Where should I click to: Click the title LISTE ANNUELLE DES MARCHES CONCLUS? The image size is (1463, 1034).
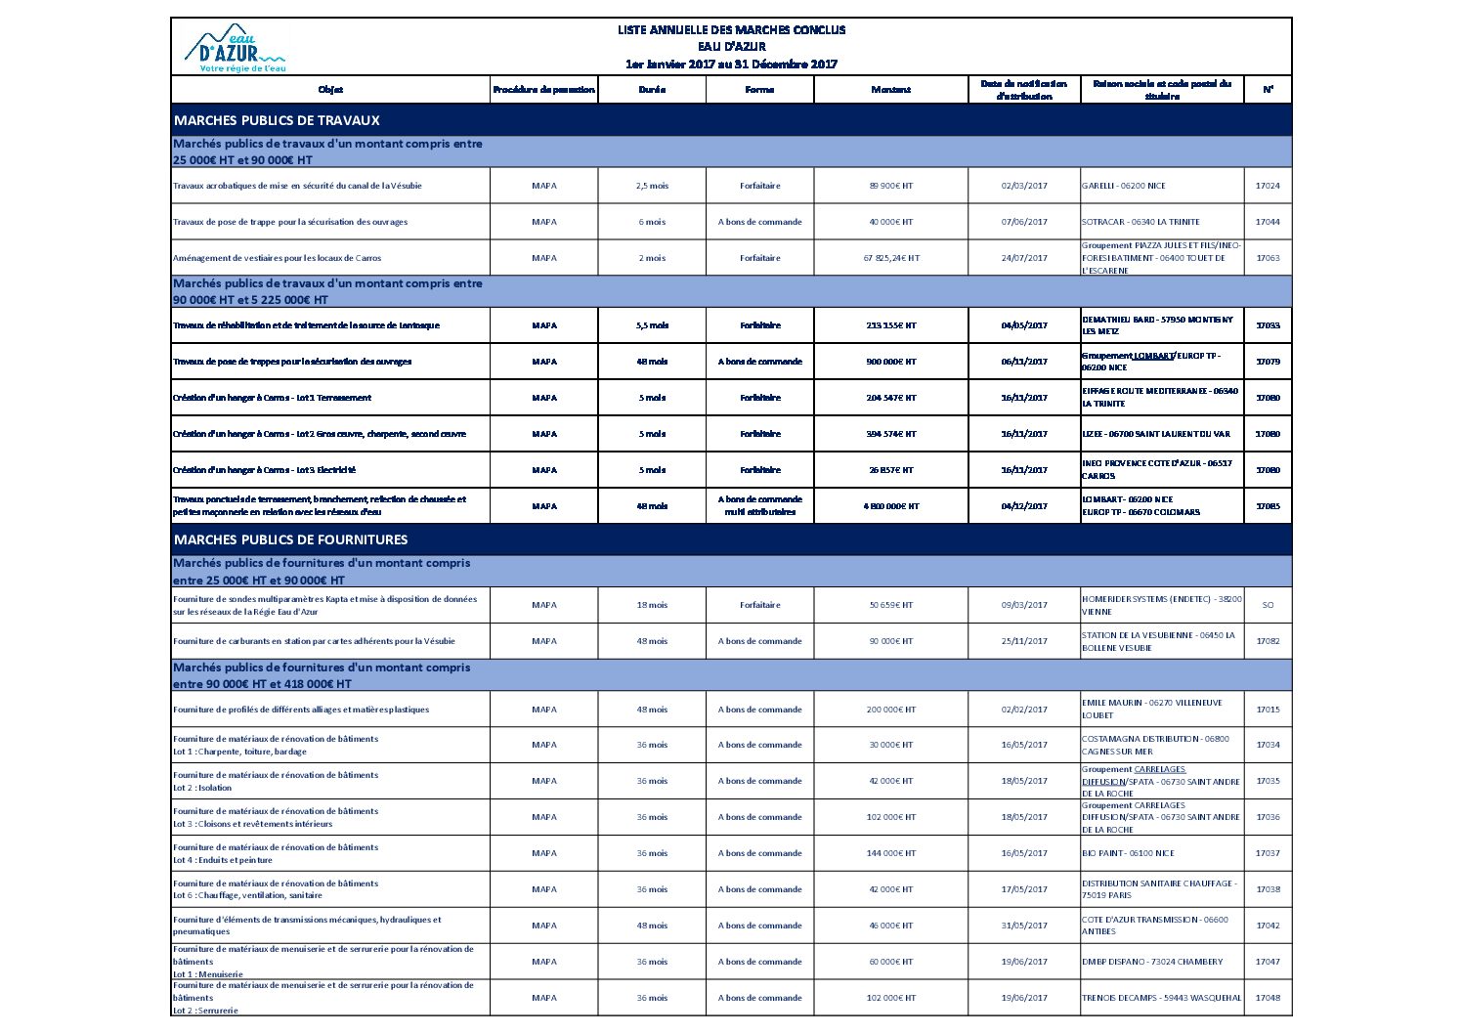click(731, 29)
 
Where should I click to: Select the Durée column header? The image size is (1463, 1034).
click(652, 90)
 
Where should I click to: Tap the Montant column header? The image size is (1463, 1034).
click(890, 90)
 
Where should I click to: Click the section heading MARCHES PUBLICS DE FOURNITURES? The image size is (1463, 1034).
click(290, 539)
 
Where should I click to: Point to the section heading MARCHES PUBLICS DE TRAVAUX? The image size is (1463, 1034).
click(277, 120)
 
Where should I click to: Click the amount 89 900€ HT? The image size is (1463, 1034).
click(890, 186)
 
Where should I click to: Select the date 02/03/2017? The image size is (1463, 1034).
click(1023, 186)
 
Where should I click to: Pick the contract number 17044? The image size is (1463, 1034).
click(1268, 222)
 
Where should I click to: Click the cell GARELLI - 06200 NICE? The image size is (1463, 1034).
click(1123, 186)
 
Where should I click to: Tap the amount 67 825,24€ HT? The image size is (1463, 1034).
click(890, 258)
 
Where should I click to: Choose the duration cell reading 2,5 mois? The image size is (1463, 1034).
click(652, 186)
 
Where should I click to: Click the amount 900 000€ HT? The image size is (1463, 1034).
click(890, 362)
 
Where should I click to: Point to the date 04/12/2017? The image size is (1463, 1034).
click(1023, 506)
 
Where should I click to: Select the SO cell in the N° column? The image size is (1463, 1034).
click(1268, 605)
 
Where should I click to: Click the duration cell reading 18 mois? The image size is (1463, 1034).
click(652, 605)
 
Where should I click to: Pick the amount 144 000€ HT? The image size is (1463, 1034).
click(890, 853)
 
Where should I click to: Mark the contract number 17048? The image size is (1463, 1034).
click(1268, 998)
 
